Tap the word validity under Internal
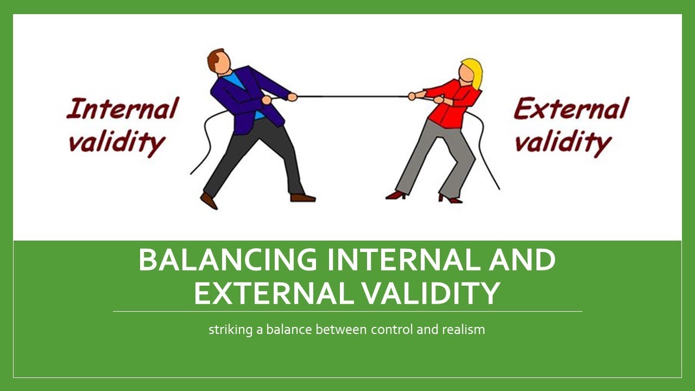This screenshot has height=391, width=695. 116,142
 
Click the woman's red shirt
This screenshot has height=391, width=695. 451,106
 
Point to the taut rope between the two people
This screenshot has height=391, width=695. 353,97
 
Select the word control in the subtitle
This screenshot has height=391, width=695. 392,329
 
